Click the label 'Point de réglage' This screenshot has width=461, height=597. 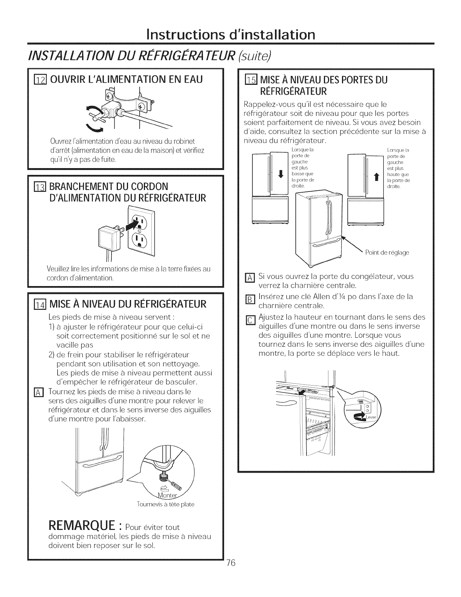click(387, 252)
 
